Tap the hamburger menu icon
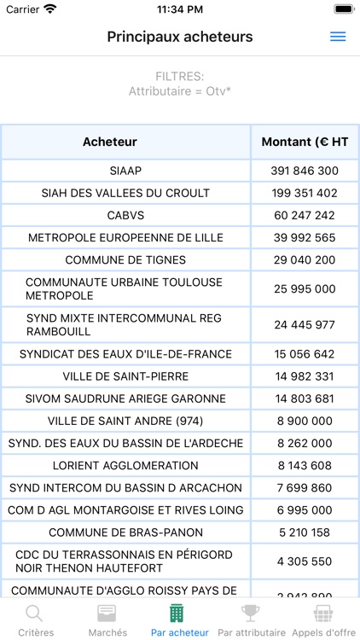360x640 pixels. pos(338,37)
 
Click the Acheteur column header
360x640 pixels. pos(110,142)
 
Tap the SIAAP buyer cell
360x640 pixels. pos(126,171)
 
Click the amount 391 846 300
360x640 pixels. pos(305,171)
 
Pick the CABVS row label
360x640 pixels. pos(126,215)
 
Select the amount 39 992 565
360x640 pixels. pos(305,237)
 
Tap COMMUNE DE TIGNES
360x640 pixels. pos(125,259)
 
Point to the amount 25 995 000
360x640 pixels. pos(305,289)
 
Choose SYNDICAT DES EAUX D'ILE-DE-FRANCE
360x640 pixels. pos(125,353)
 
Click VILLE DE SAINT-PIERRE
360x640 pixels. pos(125,376)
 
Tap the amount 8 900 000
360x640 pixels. pos(305,421)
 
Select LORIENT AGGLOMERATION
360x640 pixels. pos(125,466)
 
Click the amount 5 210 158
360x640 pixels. pos(305,532)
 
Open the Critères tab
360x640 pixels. pos(34,620)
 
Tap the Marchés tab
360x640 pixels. pos(107,620)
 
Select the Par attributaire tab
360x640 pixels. pos(251,620)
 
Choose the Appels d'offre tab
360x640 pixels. pos(323,620)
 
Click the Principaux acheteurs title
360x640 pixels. pos(180,37)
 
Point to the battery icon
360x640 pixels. pos(343,9)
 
